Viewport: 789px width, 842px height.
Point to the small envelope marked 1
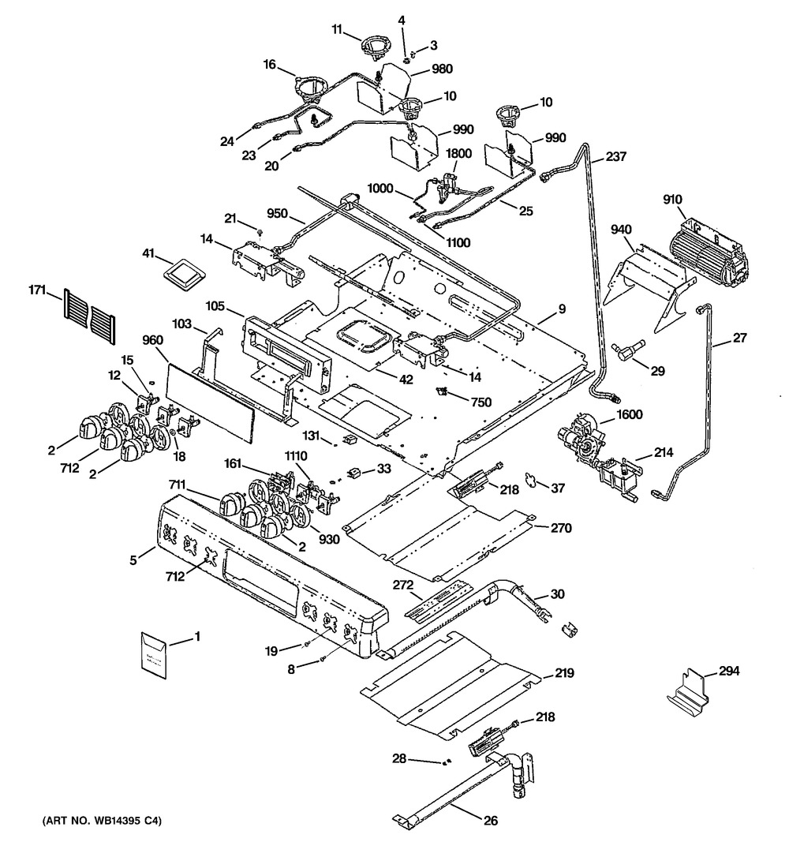[155, 654]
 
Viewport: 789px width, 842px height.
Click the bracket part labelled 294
[686, 691]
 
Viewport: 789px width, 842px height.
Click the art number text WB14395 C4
[98, 822]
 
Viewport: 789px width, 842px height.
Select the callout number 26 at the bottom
[490, 821]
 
